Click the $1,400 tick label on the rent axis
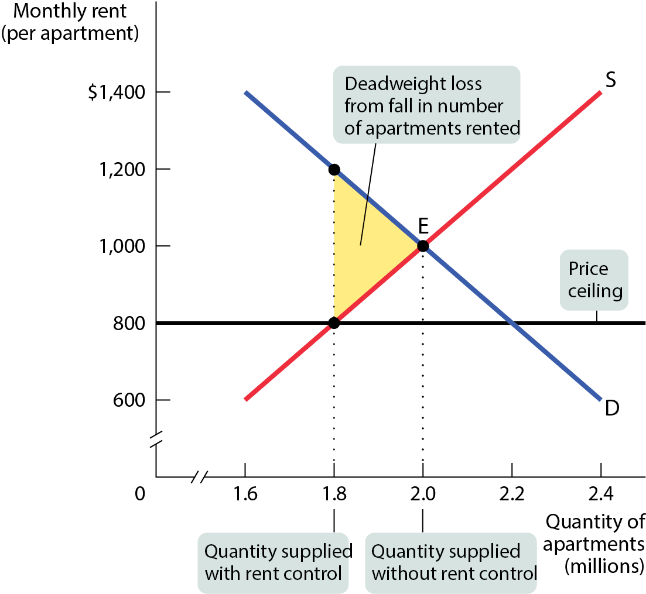point(117,92)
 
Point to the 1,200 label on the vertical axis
point(122,169)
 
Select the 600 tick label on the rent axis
point(129,400)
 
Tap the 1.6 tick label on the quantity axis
point(245,493)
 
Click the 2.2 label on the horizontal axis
point(512,493)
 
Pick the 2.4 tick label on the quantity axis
point(601,493)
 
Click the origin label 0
point(140,493)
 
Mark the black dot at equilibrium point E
point(423,246)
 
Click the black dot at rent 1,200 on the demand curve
point(334,169)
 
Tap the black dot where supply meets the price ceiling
point(334,322)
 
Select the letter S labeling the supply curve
point(611,80)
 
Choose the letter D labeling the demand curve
point(612,408)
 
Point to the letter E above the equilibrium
point(423,225)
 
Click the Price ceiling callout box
point(594,280)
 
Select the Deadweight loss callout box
point(427,105)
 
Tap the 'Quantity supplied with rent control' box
point(274,563)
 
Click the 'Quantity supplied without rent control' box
point(452,563)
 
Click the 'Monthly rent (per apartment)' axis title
point(70,22)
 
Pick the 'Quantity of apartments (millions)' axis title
point(594,544)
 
